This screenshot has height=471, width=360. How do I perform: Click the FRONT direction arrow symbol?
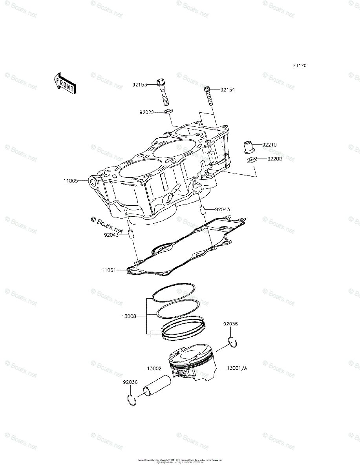65,83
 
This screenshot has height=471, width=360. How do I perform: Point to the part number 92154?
227,90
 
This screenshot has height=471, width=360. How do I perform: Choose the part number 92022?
146,112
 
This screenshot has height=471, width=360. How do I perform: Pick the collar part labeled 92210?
249,147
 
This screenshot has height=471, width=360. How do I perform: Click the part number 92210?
269,145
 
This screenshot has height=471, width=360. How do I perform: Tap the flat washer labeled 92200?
252,159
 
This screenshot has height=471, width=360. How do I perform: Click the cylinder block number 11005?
71,181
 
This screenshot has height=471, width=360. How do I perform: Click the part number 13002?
154,369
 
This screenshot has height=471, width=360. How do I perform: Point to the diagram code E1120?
299,66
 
